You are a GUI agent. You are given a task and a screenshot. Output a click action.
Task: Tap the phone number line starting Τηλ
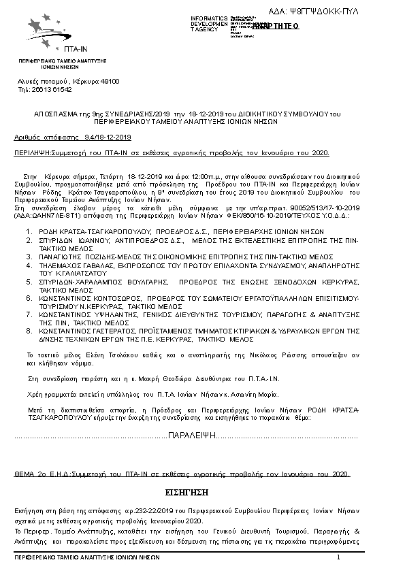[x=44, y=89]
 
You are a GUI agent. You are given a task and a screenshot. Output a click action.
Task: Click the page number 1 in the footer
[x=338, y=557]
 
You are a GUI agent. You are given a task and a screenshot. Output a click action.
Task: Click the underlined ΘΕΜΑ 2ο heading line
[x=182, y=473]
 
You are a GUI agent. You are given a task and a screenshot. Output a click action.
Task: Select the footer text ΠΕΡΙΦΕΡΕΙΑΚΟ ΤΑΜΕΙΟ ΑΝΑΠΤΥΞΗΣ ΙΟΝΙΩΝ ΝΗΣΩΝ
[x=86, y=557]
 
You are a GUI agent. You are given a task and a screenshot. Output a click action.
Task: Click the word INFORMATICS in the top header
[x=209, y=18]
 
